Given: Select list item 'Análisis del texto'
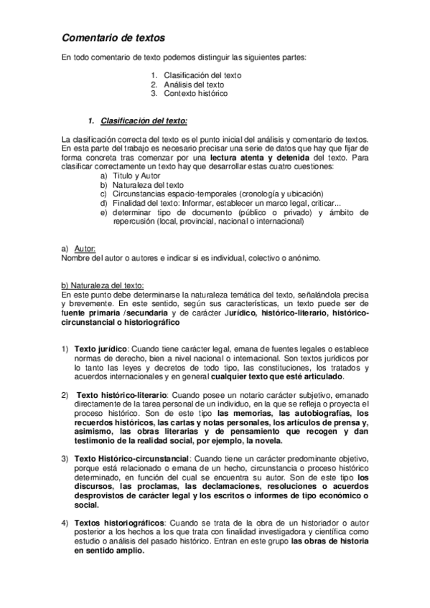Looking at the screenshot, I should click(x=194, y=84).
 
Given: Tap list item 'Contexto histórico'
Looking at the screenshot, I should click(x=195, y=93).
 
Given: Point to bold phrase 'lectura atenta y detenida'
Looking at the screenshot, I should click(x=256, y=157).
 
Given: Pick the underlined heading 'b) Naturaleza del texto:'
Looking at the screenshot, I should click(x=103, y=285).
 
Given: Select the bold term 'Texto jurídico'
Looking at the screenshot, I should click(x=98, y=348).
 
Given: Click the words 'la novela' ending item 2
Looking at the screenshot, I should click(x=265, y=441).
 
